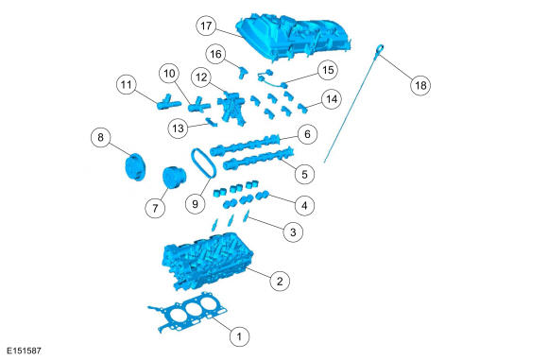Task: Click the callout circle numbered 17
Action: (x=206, y=26)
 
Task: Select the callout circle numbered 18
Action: (x=420, y=85)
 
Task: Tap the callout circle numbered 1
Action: (x=239, y=336)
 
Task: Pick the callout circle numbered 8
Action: (x=101, y=137)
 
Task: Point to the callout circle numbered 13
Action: (x=179, y=129)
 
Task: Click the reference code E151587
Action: (x=25, y=351)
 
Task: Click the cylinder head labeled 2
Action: (x=208, y=261)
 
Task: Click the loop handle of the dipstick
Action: (x=380, y=49)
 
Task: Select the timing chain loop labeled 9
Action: (x=203, y=163)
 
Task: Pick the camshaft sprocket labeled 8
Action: (x=134, y=167)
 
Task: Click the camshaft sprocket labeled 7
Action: (x=175, y=178)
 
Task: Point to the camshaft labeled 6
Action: (x=245, y=146)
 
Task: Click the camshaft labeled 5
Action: (x=258, y=159)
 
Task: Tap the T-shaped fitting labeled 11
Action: (x=167, y=102)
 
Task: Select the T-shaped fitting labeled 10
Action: (x=198, y=105)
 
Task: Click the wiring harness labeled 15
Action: (x=272, y=79)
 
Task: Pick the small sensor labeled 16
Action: (x=242, y=72)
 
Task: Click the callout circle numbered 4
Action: (x=304, y=206)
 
